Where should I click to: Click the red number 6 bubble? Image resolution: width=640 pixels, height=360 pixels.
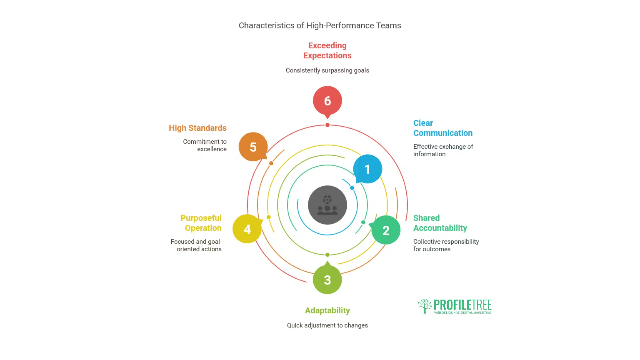(327, 101)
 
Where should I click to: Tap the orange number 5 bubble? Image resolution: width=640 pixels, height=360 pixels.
(253, 147)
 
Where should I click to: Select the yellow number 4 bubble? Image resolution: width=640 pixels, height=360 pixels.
(247, 229)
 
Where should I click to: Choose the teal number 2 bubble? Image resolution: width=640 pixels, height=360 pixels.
(386, 230)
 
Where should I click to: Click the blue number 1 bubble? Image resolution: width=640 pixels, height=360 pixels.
(367, 169)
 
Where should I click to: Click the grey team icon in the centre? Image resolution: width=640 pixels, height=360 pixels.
(327, 205)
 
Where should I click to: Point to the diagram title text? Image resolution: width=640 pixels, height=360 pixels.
(320, 26)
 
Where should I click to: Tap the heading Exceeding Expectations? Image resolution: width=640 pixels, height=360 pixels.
(327, 50)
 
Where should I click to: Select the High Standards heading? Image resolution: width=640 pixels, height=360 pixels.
(198, 128)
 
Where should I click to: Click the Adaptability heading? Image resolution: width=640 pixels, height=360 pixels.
(327, 311)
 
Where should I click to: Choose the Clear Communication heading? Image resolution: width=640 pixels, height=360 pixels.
(443, 128)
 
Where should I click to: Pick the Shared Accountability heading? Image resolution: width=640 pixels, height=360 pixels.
(440, 223)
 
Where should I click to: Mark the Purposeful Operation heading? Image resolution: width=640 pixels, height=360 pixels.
(201, 223)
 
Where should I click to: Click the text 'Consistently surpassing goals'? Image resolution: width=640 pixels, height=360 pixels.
(327, 70)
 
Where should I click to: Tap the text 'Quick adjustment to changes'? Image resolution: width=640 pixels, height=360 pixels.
(327, 325)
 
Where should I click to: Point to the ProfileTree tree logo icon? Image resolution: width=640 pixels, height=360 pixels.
(425, 306)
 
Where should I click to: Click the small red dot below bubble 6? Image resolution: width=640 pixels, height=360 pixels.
(327, 125)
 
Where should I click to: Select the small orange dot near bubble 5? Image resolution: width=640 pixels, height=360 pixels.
(271, 163)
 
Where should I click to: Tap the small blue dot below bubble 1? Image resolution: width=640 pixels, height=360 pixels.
(352, 188)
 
